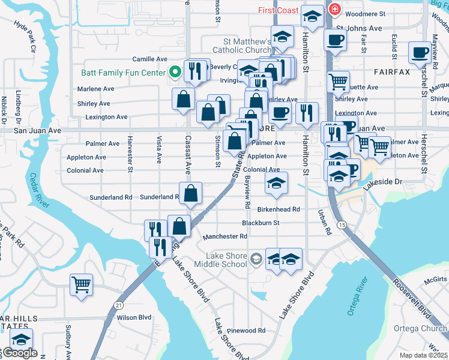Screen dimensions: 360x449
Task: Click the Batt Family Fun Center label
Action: click(123, 73)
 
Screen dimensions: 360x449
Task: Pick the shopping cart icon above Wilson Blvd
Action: click(80, 284)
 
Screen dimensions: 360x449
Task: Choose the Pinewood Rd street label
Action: click(246, 331)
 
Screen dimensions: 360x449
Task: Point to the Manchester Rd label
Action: click(225, 236)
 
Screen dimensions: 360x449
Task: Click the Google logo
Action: click(20, 353)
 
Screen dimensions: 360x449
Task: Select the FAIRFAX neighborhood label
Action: click(391, 72)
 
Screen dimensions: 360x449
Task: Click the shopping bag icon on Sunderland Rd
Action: click(190, 193)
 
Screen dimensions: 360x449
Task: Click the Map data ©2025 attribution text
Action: click(423, 355)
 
